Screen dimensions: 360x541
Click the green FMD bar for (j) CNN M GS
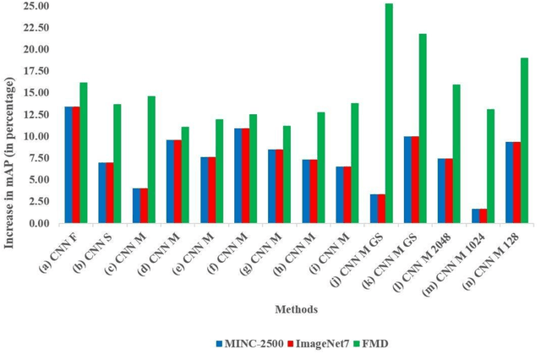(389, 113)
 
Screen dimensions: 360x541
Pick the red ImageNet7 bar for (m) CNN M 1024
(482, 216)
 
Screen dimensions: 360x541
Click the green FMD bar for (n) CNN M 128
(524, 140)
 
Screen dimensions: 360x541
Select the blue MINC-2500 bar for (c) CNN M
(137, 205)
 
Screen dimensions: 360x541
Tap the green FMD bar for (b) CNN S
(117, 164)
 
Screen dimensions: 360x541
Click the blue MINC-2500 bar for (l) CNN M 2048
(442, 191)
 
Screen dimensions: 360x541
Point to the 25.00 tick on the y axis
(37, 6)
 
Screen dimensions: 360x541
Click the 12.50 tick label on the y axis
(37, 115)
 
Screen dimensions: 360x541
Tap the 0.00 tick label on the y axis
(40, 223)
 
